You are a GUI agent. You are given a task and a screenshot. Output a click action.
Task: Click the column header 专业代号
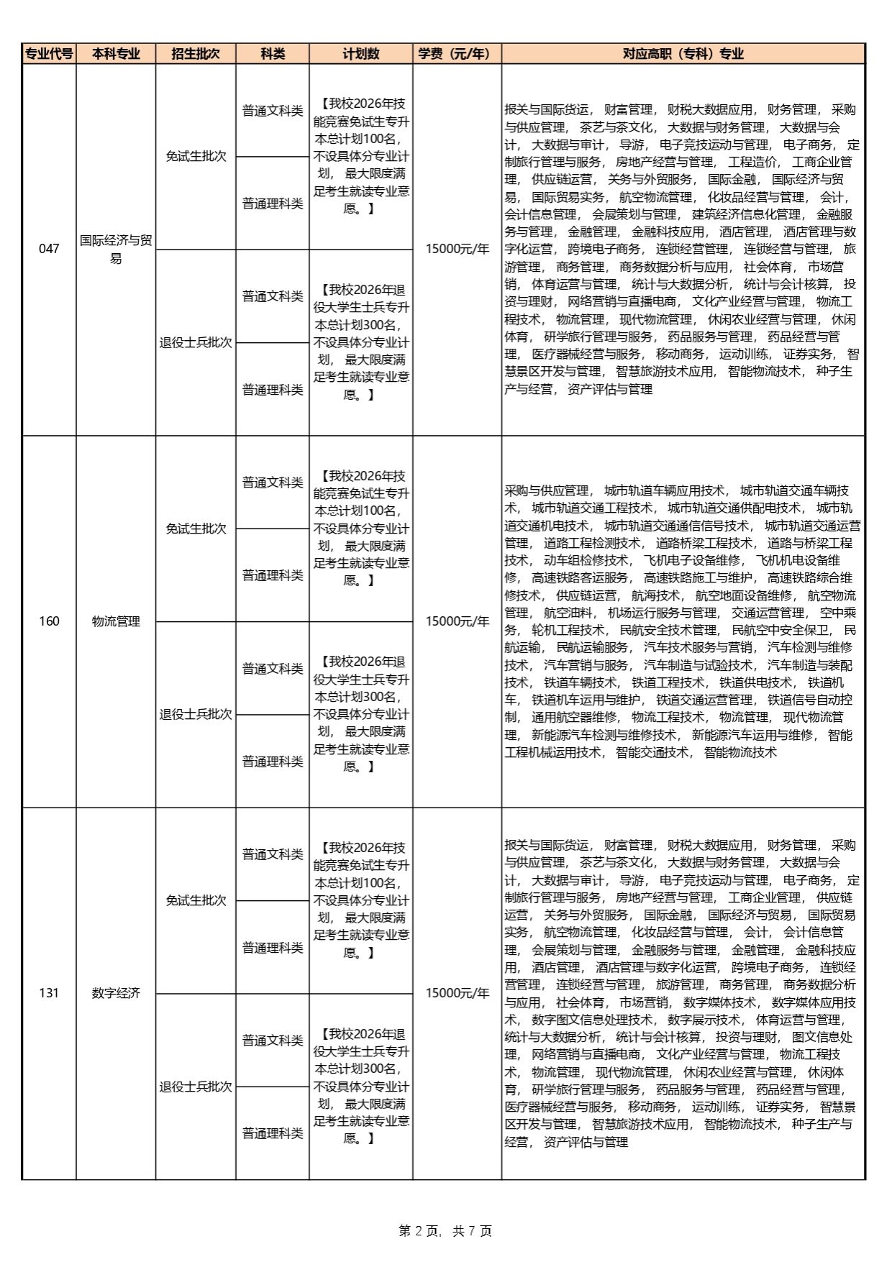pyautogui.click(x=49, y=54)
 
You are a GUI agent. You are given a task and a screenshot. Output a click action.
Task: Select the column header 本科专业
pyautogui.click(x=116, y=54)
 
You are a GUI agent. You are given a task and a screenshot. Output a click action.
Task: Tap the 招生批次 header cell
pyautogui.click(x=196, y=54)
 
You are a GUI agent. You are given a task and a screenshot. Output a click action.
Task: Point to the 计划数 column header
pyautogui.click(x=361, y=54)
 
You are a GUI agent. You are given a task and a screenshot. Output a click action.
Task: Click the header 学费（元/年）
pyautogui.click(x=457, y=54)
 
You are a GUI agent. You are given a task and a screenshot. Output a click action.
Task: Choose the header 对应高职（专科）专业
pyautogui.click(x=683, y=54)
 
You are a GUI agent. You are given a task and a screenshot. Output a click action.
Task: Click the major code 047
pyautogui.click(x=49, y=249)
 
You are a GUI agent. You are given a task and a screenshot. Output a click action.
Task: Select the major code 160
pyautogui.click(x=49, y=621)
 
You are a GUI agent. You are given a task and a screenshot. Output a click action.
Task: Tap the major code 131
pyautogui.click(x=49, y=993)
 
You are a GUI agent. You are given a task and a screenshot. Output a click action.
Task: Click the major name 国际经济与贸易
pyautogui.click(x=116, y=249)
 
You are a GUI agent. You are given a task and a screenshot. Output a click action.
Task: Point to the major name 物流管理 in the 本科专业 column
pyautogui.click(x=116, y=621)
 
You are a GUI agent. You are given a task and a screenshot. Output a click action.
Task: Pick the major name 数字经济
pyautogui.click(x=116, y=993)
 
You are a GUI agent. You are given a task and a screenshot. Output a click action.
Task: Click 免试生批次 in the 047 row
pyautogui.click(x=196, y=156)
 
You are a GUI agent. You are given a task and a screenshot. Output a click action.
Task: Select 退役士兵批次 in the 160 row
pyautogui.click(x=196, y=714)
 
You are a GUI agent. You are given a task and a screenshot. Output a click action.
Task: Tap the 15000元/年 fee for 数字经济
pyautogui.click(x=457, y=993)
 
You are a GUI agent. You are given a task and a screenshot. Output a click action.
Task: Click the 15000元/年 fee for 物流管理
pyautogui.click(x=457, y=621)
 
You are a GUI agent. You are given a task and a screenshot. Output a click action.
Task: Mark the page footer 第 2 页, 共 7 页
pyautogui.click(x=445, y=1230)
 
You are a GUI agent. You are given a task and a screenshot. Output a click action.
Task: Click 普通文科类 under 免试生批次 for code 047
pyautogui.click(x=273, y=111)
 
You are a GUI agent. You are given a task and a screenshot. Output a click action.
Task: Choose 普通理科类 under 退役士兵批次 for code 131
pyautogui.click(x=273, y=1133)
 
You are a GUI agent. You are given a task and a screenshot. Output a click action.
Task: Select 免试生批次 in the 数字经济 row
pyautogui.click(x=196, y=900)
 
